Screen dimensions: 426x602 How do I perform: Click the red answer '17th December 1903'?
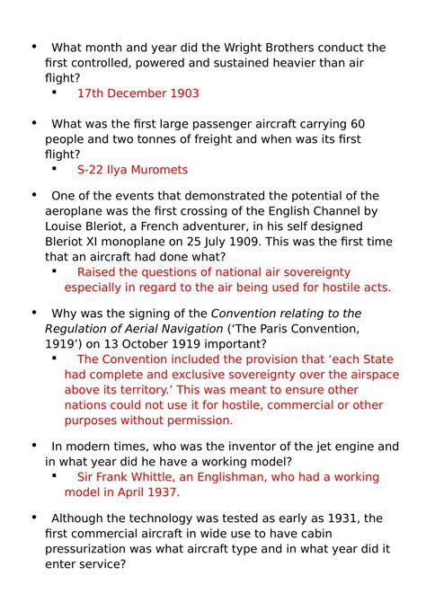click(138, 93)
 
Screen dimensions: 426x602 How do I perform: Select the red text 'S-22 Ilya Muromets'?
click(132, 169)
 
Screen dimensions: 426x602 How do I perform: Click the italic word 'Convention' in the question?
click(245, 313)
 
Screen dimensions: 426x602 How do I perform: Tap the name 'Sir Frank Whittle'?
click(126, 476)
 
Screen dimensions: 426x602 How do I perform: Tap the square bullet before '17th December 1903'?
click(56, 93)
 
